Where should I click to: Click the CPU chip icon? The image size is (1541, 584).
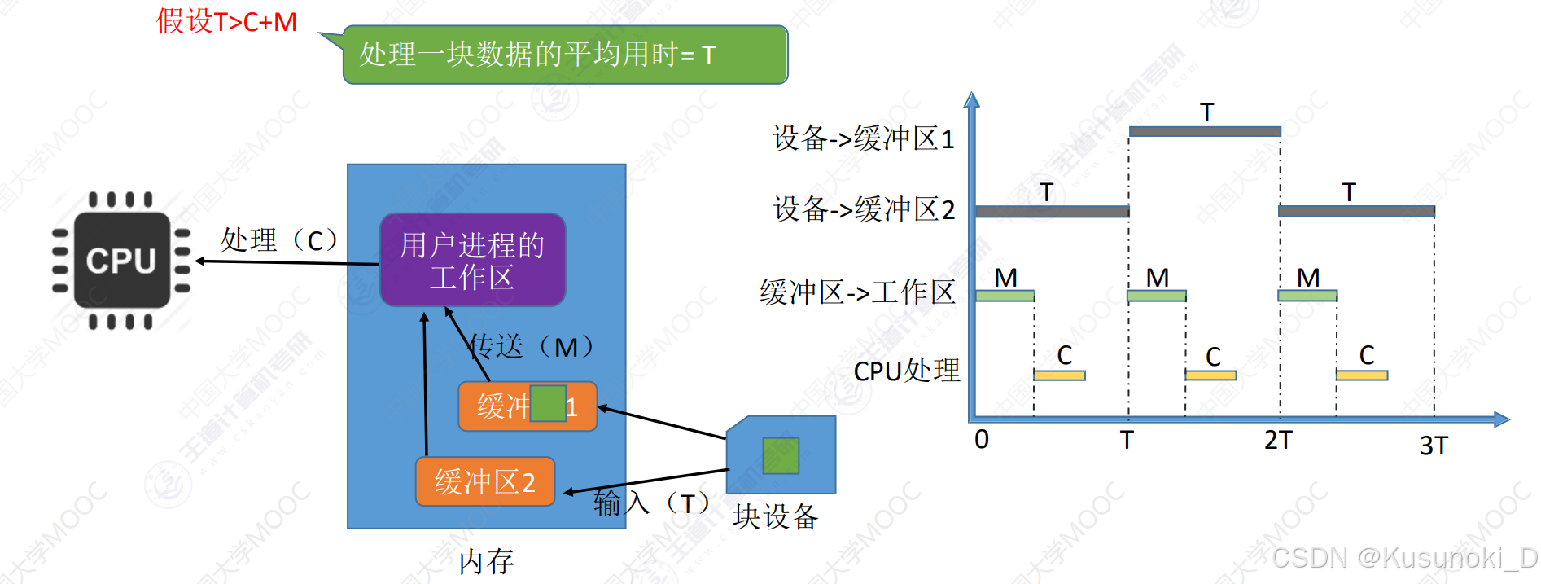click(x=121, y=261)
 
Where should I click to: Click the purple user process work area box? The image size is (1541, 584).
click(x=472, y=260)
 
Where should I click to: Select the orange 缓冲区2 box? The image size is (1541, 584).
click(x=485, y=481)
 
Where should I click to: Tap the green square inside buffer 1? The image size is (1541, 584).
click(x=548, y=404)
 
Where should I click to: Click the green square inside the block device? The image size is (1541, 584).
click(x=780, y=455)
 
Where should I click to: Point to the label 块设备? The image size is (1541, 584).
click(x=775, y=516)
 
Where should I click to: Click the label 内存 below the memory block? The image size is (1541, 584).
click(x=486, y=561)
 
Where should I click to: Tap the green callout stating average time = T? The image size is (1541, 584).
click(x=565, y=55)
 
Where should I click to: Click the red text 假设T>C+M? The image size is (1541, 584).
click(x=227, y=21)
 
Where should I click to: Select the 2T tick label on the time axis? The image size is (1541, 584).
click(x=1277, y=441)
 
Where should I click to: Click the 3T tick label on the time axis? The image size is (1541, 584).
click(x=1434, y=446)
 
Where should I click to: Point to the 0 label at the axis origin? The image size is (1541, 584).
click(x=982, y=440)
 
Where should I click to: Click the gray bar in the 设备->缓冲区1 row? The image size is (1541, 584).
click(x=1205, y=131)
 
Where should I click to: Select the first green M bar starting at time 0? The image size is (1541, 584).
click(x=1005, y=296)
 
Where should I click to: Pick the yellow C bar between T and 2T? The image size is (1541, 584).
click(x=1210, y=375)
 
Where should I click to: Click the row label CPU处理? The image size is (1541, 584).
click(x=906, y=371)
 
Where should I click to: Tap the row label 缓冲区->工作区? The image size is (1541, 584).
click(x=857, y=292)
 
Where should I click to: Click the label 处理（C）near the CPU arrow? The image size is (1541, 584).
click(x=279, y=240)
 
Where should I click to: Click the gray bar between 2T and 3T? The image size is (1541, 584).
click(x=1356, y=211)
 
